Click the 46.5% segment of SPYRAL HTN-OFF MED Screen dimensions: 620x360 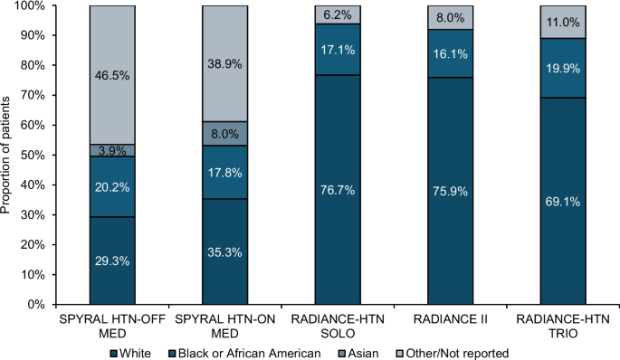point(112,75)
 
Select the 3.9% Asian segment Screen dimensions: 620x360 point(112,150)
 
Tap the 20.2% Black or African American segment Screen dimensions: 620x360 point(112,186)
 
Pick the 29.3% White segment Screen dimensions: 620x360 point(112,261)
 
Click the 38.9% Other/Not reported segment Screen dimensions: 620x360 point(225,63)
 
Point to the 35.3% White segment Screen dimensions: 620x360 point(225,251)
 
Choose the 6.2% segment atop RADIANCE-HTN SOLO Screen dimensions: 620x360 point(338,15)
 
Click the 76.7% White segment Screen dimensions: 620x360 point(338,190)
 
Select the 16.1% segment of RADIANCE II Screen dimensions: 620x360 point(451,53)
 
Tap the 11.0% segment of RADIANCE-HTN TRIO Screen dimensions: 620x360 point(563,22)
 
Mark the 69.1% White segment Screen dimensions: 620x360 point(563,201)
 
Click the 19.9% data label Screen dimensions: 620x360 point(563,69)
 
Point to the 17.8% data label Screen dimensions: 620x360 point(225,172)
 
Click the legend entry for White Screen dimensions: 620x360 point(131,353)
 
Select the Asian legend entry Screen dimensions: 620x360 point(358,353)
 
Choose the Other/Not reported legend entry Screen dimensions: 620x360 point(453,353)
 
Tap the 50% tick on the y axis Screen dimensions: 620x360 point(54,155)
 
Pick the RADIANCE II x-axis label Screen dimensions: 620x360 point(451,319)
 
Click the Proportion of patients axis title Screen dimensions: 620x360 point(5,155)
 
